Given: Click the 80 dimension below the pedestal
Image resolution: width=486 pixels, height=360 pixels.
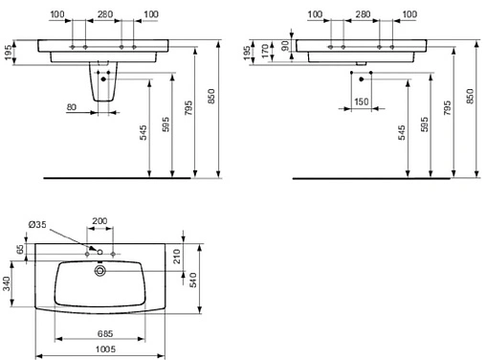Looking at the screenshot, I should pyautogui.click(x=72, y=107).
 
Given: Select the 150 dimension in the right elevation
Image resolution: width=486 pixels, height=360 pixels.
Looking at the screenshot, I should pyautogui.click(x=361, y=101).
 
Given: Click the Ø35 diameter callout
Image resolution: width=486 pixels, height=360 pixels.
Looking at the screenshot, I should pyautogui.click(x=37, y=224).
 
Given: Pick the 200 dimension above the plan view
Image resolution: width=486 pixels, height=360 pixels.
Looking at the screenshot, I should pyautogui.click(x=99, y=220).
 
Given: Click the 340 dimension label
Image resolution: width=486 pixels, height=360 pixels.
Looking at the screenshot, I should pyautogui.click(x=8, y=284).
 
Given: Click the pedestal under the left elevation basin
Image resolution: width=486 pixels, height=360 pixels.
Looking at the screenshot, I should pyautogui.click(x=102, y=89).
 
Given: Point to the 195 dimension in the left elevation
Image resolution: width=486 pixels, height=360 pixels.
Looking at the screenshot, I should pyautogui.click(x=7, y=50).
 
